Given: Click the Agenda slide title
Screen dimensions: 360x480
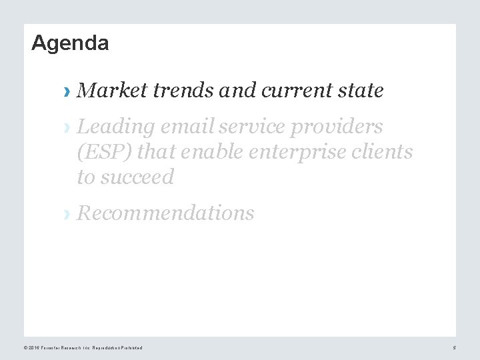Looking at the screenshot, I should pyautogui.click(x=70, y=43).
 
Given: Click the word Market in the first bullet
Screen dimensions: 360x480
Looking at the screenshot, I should pyautogui.click(x=111, y=91).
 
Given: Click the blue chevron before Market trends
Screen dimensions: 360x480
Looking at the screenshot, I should pyautogui.click(x=65, y=92).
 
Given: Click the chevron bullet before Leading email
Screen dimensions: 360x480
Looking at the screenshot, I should pyautogui.click(x=65, y=128).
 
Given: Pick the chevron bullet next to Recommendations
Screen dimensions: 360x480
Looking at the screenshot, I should pyautogui.click(x=65, y=214).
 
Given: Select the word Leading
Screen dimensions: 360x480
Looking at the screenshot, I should pyautogui.click(x=116, y=127).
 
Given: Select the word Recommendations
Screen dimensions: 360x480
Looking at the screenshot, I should pyautogui.click(x=165, y=213).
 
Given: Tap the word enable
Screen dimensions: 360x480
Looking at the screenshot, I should pyautogui.click(x=212, y=152).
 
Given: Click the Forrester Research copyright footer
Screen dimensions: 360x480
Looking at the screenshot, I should pyautogui.click(x=83, y=348).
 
